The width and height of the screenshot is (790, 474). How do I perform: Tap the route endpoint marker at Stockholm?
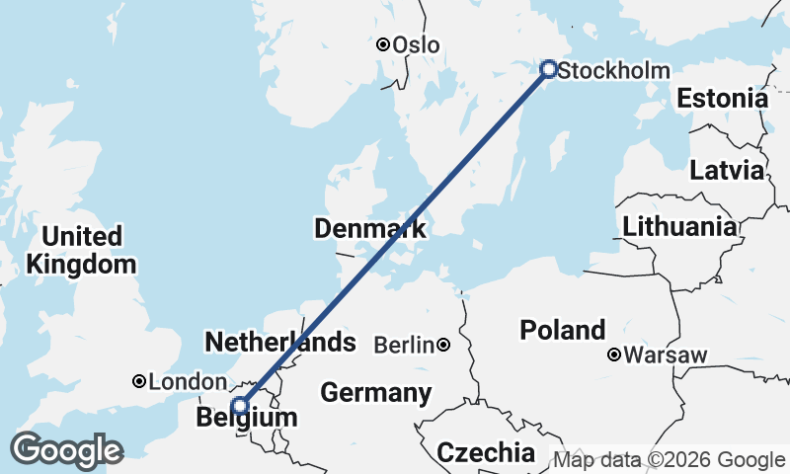(549, 69)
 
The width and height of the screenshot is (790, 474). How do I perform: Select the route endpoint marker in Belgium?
(239, 405)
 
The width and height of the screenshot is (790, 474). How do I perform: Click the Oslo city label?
(416, 45)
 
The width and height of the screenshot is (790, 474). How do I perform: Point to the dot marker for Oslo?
(383, 44)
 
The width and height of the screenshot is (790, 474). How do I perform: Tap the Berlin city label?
(405, 345)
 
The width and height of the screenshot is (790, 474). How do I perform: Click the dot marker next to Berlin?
(444, 345)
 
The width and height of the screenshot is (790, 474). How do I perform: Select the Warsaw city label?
(667, 355)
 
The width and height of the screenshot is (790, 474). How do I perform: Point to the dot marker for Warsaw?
(615, 354)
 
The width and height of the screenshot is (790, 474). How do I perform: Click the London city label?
(189, 382)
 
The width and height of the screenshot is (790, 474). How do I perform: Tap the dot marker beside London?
(140, 381)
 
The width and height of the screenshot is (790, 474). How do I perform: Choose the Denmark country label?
(370, 230)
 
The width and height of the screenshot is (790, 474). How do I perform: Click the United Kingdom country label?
(82, 251)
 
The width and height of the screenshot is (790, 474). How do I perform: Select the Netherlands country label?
(279, 343)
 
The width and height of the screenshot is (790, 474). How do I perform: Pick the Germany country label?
(376, 393)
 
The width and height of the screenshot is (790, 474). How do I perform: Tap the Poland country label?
(562, 330)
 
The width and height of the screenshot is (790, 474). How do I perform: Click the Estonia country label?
(722, 99)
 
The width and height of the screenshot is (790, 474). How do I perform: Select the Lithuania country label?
(679, 226)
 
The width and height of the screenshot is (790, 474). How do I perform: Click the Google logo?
(66, 450)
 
